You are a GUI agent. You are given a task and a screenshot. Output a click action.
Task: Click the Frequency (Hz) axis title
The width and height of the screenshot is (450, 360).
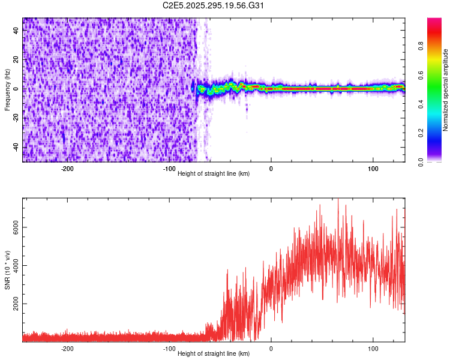(7, 89)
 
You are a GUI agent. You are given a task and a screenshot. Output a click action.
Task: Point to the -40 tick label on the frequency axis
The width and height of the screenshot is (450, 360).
(16, 147)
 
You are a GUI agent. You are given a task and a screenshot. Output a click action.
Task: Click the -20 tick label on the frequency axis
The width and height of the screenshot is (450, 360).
(16, 118)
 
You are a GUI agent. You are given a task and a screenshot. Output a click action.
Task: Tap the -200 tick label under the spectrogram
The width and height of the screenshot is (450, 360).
(67, 169)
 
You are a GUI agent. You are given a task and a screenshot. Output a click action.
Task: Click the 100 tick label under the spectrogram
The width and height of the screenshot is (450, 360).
(373, 169)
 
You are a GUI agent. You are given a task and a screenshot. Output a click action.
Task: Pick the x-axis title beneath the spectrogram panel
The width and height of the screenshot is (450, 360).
(214, 173)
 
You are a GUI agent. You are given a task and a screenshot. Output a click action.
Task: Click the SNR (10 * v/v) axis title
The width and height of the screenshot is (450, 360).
(7, 270)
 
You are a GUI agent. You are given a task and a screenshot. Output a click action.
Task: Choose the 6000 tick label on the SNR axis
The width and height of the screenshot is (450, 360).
(14, 227)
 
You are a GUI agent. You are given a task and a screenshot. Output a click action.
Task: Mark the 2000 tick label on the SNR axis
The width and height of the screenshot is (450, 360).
(14, 304)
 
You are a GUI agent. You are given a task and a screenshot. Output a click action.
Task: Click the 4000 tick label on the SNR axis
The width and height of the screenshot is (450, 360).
(14, 266)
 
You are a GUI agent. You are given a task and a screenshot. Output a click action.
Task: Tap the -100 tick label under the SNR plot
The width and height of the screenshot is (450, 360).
(169, 349)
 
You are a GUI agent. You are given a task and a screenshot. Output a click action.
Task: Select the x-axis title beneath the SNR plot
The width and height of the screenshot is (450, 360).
(214, 353)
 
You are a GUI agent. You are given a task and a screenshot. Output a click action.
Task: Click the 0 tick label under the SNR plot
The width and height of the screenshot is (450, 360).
(271, 349)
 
